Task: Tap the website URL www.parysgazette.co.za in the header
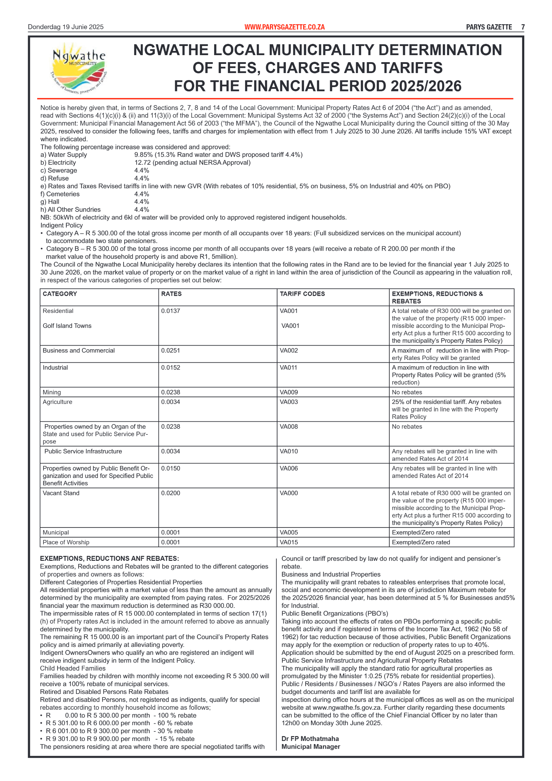pos(284,27)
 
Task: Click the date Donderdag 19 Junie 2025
pos(66,27)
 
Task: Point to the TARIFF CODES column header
pos(302,294)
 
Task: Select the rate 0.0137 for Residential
pos(171,311)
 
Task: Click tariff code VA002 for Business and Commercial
pos(289,350)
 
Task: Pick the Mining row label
pos(52,392)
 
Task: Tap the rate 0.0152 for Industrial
pos(171,368)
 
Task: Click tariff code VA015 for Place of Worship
pos(289,542)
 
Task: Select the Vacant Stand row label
pos(61,493)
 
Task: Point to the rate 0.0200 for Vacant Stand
pos(171,493)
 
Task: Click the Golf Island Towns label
pos(67,326)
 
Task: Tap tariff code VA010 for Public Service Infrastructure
pos(289,451)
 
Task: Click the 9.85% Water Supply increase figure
pos(143,155)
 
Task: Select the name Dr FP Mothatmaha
pos(310,739)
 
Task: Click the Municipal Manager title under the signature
pos(311,747)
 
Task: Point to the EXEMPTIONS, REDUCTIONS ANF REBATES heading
pos(109,559)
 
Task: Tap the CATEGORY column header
pos(60,294)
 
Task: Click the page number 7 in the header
pos(523,27)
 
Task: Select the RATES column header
pos(171,294)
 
